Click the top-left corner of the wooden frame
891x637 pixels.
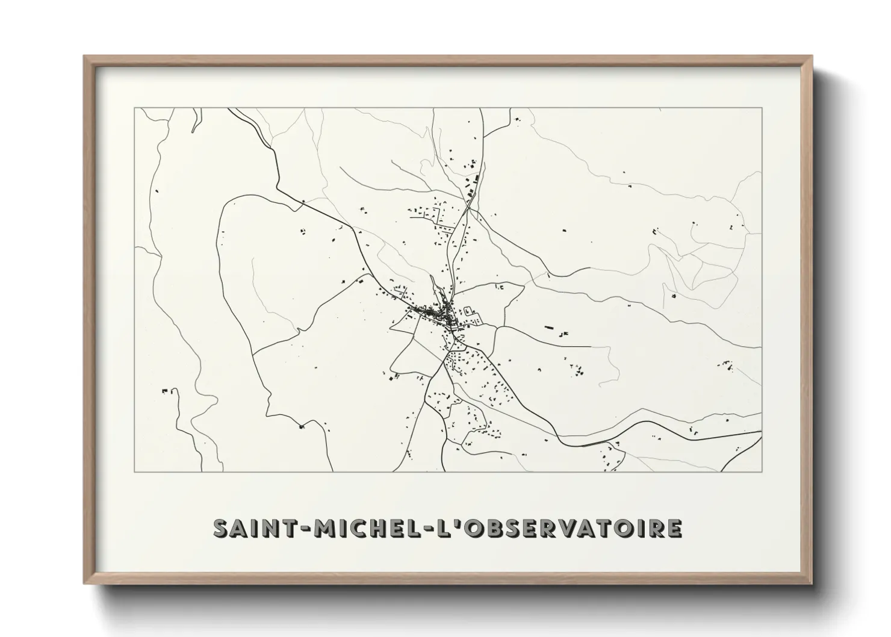pos(84,56)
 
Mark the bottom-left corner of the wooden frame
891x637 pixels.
pos(84,583)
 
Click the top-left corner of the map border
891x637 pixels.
pos(134,108)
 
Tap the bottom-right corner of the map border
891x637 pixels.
pos(762,471)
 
